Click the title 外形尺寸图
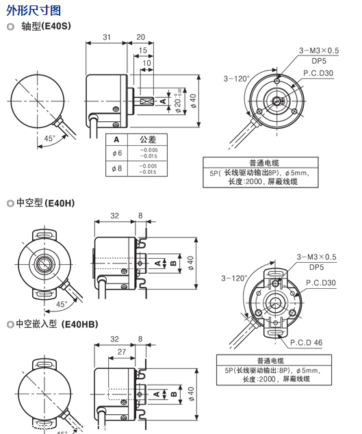coord(34,10)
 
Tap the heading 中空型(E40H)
coord(44,203)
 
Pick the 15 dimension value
coord(142,51)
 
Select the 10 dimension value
coord(146,63)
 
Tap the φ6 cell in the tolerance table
coord(117,153)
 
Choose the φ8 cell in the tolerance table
coord(117,168)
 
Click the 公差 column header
coord(148,139)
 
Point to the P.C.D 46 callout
coord(306,342)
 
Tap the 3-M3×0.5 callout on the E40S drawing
coord(319,51)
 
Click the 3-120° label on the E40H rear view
coord(234,279)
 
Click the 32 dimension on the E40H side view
coord(114,215)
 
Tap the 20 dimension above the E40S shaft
coord(140,37)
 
